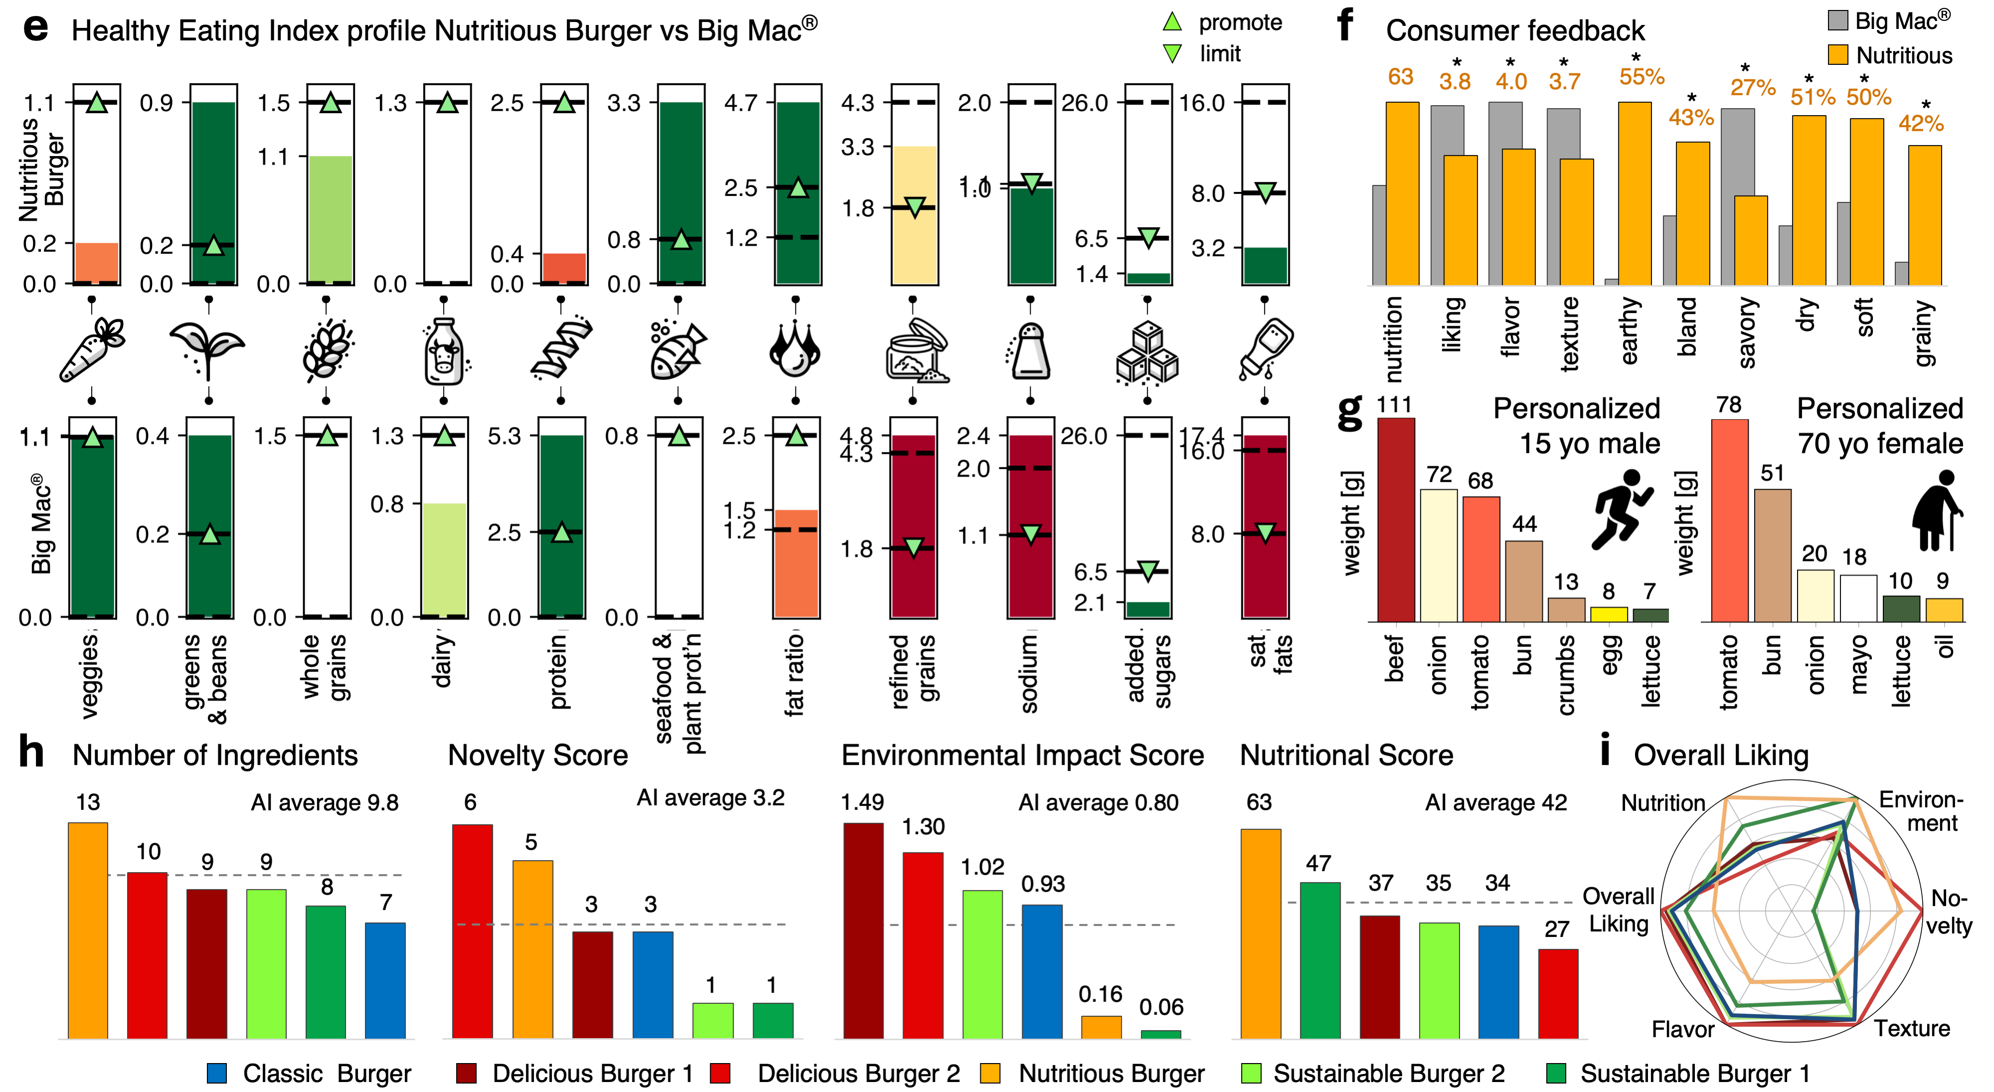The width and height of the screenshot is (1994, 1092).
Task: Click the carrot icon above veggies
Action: (x=91, y=350)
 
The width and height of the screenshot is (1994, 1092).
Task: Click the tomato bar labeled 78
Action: (x=1729, y=520)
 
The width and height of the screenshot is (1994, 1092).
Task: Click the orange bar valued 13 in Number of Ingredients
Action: (x=87, y=929)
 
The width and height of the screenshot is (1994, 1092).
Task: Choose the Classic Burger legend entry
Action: (x=310, y=1074)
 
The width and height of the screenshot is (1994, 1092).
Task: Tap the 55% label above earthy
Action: (x=1641, y=77)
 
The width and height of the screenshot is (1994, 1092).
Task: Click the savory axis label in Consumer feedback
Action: (x=1746, y=333)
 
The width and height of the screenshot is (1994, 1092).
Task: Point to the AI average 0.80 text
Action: (x=1097, y=803)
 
